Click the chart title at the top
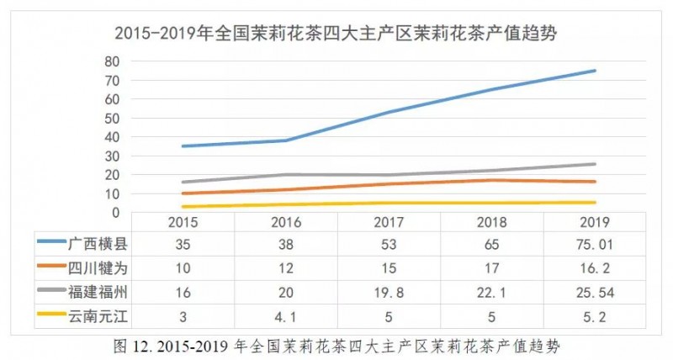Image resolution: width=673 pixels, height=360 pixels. click(x=337, y=34)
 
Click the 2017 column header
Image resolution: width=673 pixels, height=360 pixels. click(x=389, y=224)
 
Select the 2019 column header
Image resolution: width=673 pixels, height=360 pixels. click(x=595, y=224)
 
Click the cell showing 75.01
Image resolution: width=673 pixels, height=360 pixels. click(x=595, y=245)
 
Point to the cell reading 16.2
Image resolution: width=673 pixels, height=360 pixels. click(x=595, y=267)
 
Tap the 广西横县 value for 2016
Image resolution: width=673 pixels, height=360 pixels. click(x=286, y=245)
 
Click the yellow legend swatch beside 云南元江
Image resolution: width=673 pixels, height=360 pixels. click(x=51, y=315)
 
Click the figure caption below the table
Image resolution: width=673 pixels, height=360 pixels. click(x=336, y=345)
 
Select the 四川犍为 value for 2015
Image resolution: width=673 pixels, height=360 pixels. click(x=183, y=267)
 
